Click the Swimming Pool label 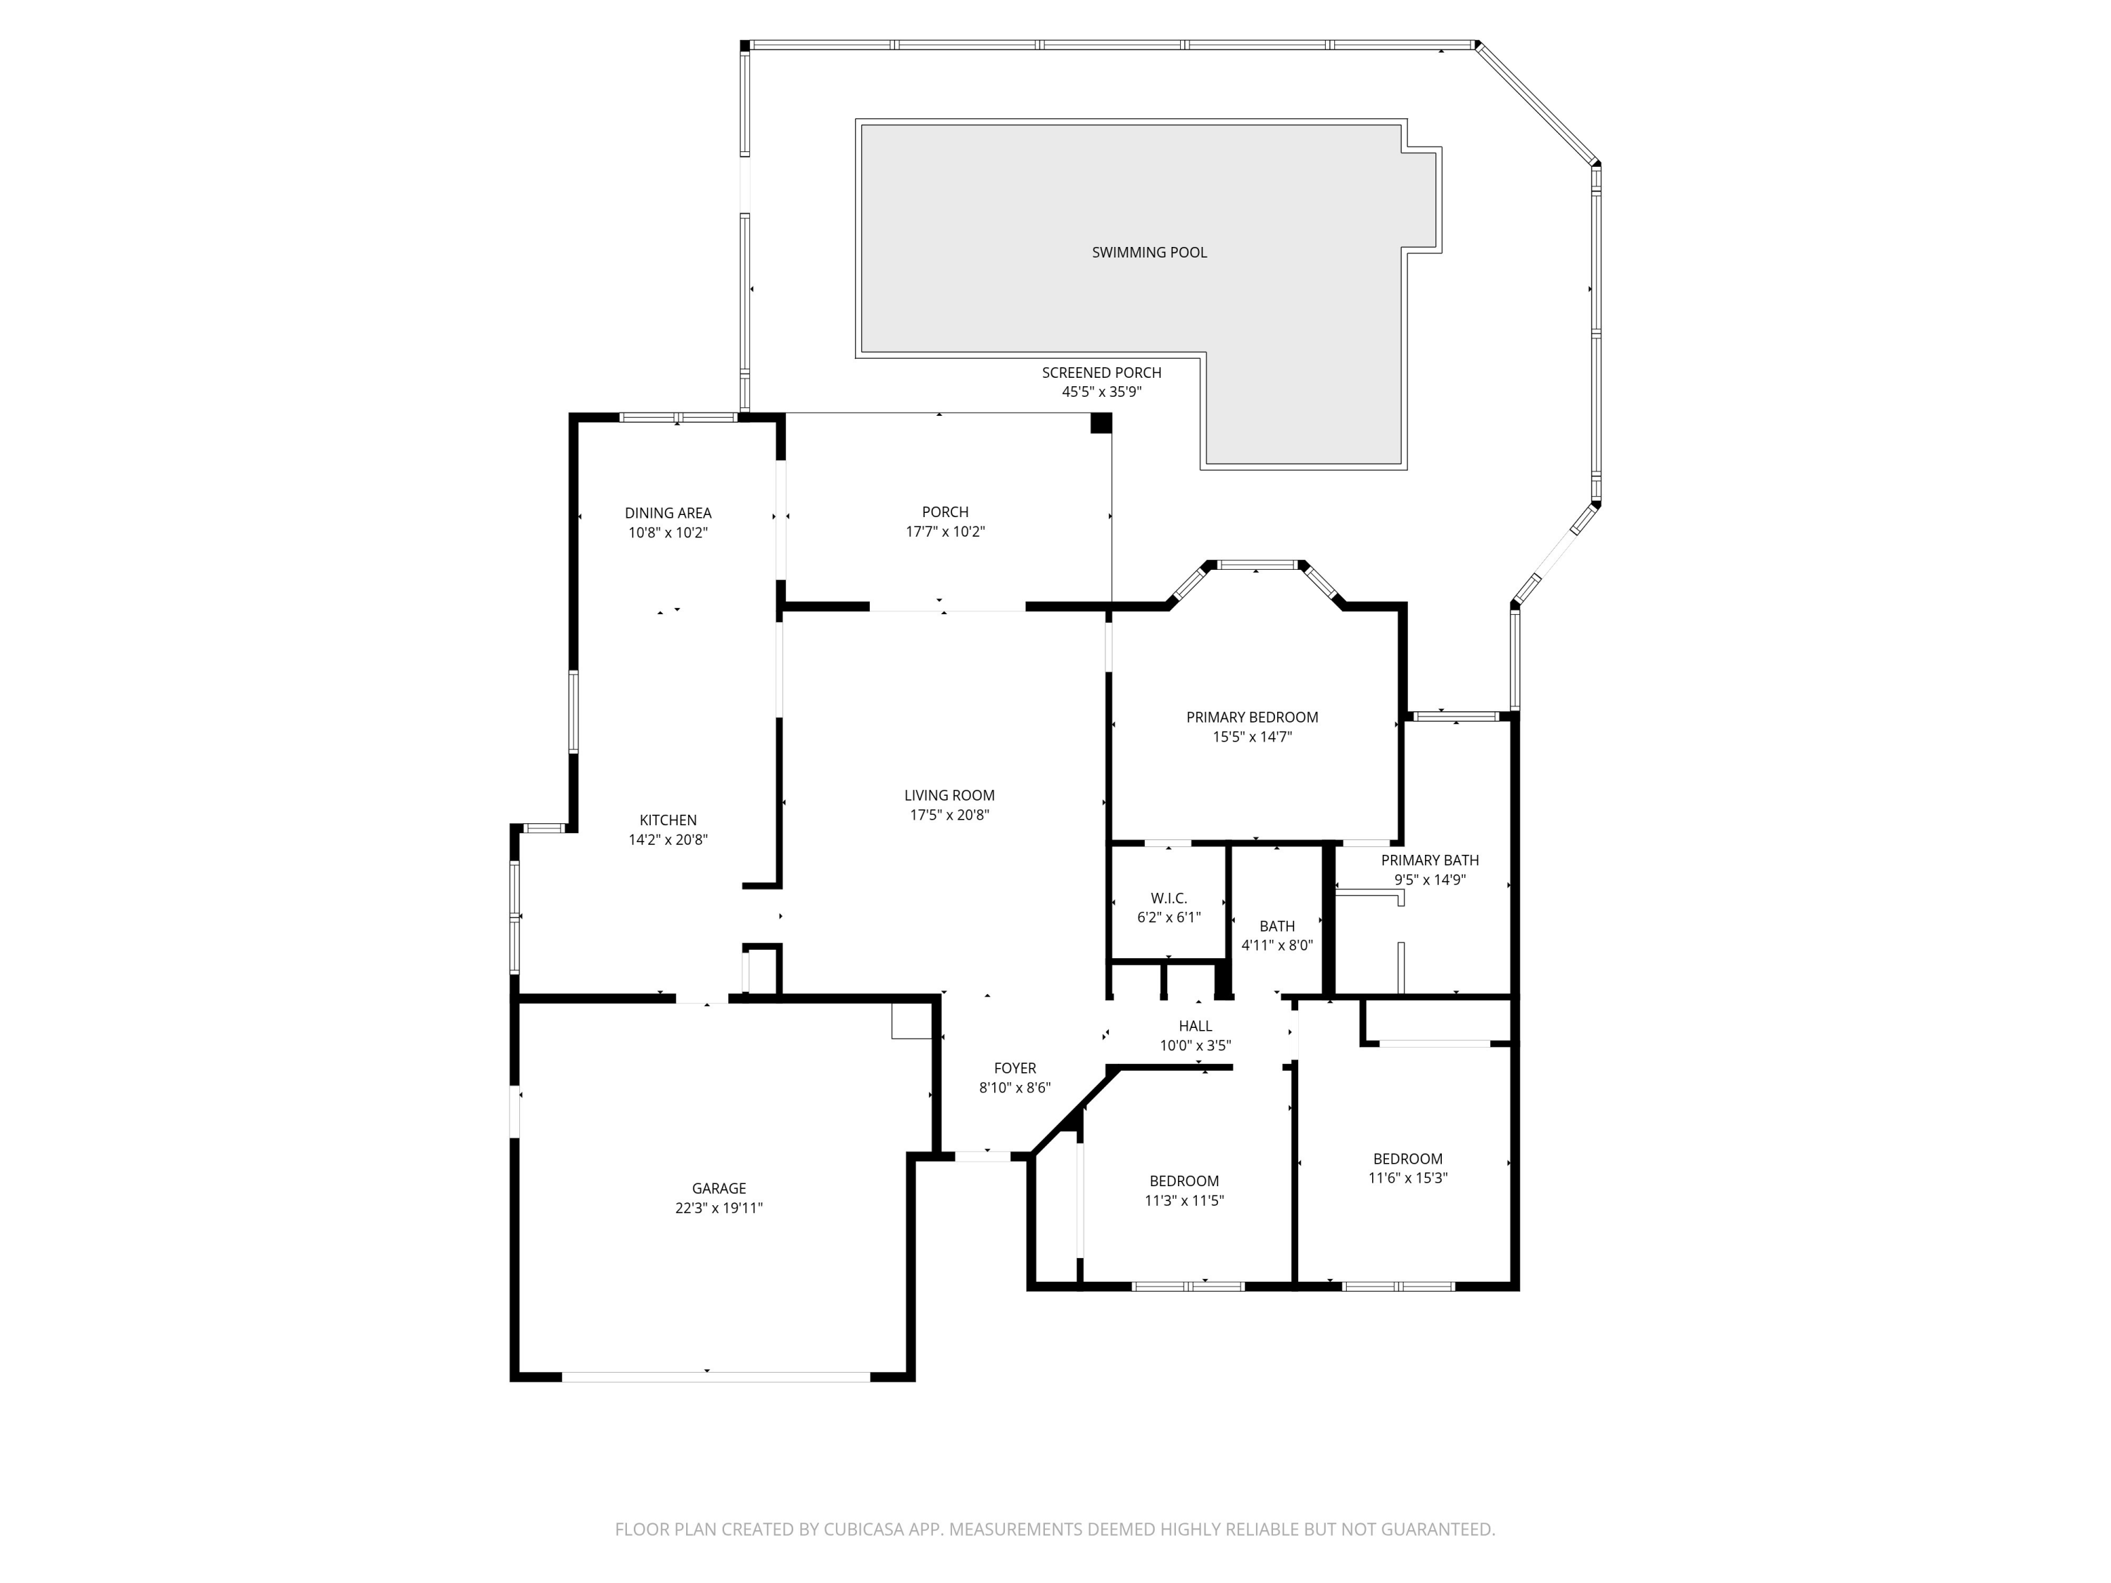(1149, 252)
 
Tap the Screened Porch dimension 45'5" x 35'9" (1101, 392)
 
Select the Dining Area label (668, 512)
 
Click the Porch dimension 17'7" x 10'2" (945, 531)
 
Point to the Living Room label (949, 795)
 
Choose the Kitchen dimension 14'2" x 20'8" (667, 839)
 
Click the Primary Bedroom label (1252, 717)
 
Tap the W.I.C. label (1168, 898)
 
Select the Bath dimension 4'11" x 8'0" (1277, 946)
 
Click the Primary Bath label (1430, 860)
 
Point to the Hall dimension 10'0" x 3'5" (1195, 1045)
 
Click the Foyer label (1015, 1068)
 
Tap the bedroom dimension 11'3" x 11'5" (1184, 1200)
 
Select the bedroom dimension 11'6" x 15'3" (1407, 1178)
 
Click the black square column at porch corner (1101, 423)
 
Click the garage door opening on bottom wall (716, 1376)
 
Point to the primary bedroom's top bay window (1256, 565)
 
